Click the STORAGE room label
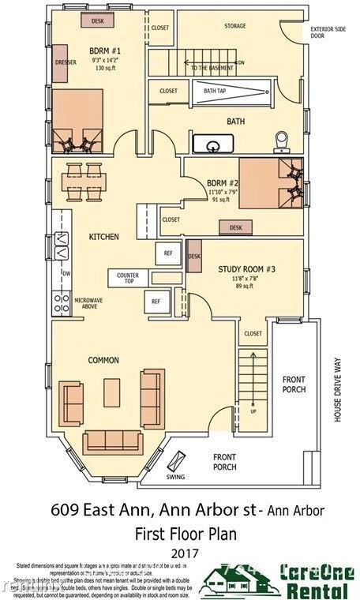pos(234,26)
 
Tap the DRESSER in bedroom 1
pos(65,60)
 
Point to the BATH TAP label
pos(215,91)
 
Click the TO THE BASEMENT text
pos(212,68)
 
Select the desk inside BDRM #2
pos(236,227)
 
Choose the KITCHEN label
pos(103,236)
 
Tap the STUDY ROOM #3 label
pos(246,269)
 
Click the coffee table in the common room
pos(112,392)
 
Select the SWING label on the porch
pos(175,477)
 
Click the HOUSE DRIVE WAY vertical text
pos(338,388)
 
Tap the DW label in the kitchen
pos(67,274)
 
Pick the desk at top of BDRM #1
pos(97,21)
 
